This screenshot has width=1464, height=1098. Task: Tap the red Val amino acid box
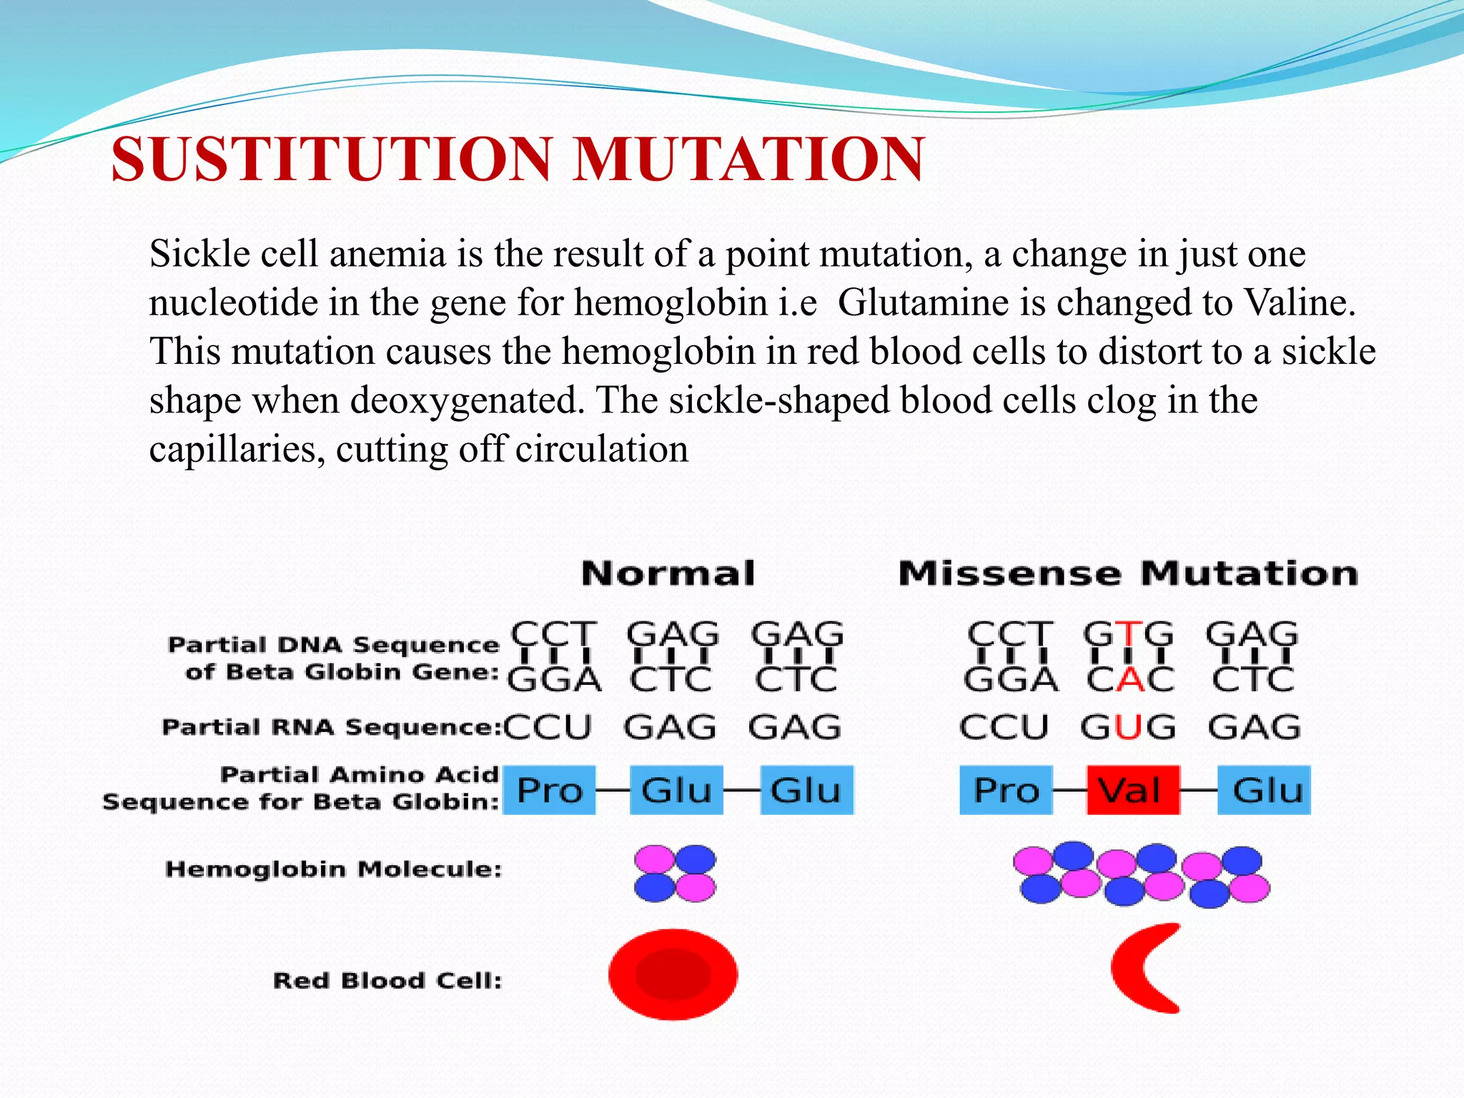click(1133, 790)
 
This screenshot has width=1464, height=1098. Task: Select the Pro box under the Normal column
click(549, 790)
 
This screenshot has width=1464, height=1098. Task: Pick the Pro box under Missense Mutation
click(1006, 790)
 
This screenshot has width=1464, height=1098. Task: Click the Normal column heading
click(668, 574)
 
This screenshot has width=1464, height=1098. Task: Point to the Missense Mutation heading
click(1128, 574)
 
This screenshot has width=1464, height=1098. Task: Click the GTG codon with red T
click(1128, 634)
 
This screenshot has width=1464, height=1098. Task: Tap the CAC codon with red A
click(1130, 679)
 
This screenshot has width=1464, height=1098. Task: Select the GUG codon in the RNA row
click(1128, 728)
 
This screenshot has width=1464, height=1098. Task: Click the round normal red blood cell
click(673, 974)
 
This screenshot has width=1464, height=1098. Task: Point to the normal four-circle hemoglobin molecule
click(675, 874)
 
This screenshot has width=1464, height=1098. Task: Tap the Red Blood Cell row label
click(387, 980)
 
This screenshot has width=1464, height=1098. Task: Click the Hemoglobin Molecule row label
click(333, 869)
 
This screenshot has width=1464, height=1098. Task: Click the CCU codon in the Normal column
click(548, 728)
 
